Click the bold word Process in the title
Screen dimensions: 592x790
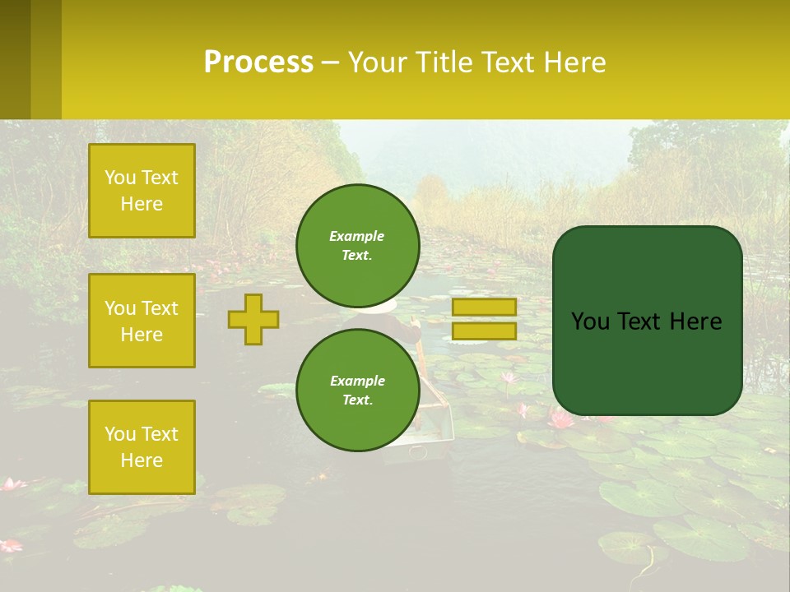pos(258,62)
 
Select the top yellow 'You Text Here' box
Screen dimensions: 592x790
pos(142,191)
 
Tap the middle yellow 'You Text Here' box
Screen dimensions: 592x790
pos(142,321)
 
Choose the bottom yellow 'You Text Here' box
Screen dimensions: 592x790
pos(142,447)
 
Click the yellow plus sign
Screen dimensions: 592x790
pos(253,319)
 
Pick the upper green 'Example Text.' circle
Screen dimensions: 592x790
pos(358,245)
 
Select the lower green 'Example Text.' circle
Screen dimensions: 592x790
pos(358,390)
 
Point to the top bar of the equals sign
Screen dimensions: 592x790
pos(484,307)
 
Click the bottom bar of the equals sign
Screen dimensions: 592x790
pos(484,331)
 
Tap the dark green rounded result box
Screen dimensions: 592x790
pos(648,321)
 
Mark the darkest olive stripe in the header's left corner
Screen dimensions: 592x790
pos(15,59)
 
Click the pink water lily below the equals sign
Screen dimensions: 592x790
pos(561,419)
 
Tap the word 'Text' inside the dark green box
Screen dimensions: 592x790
pos(645,321)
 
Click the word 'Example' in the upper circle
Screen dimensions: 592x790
pos(357,236)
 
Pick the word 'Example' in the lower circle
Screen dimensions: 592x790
pos(357,381)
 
